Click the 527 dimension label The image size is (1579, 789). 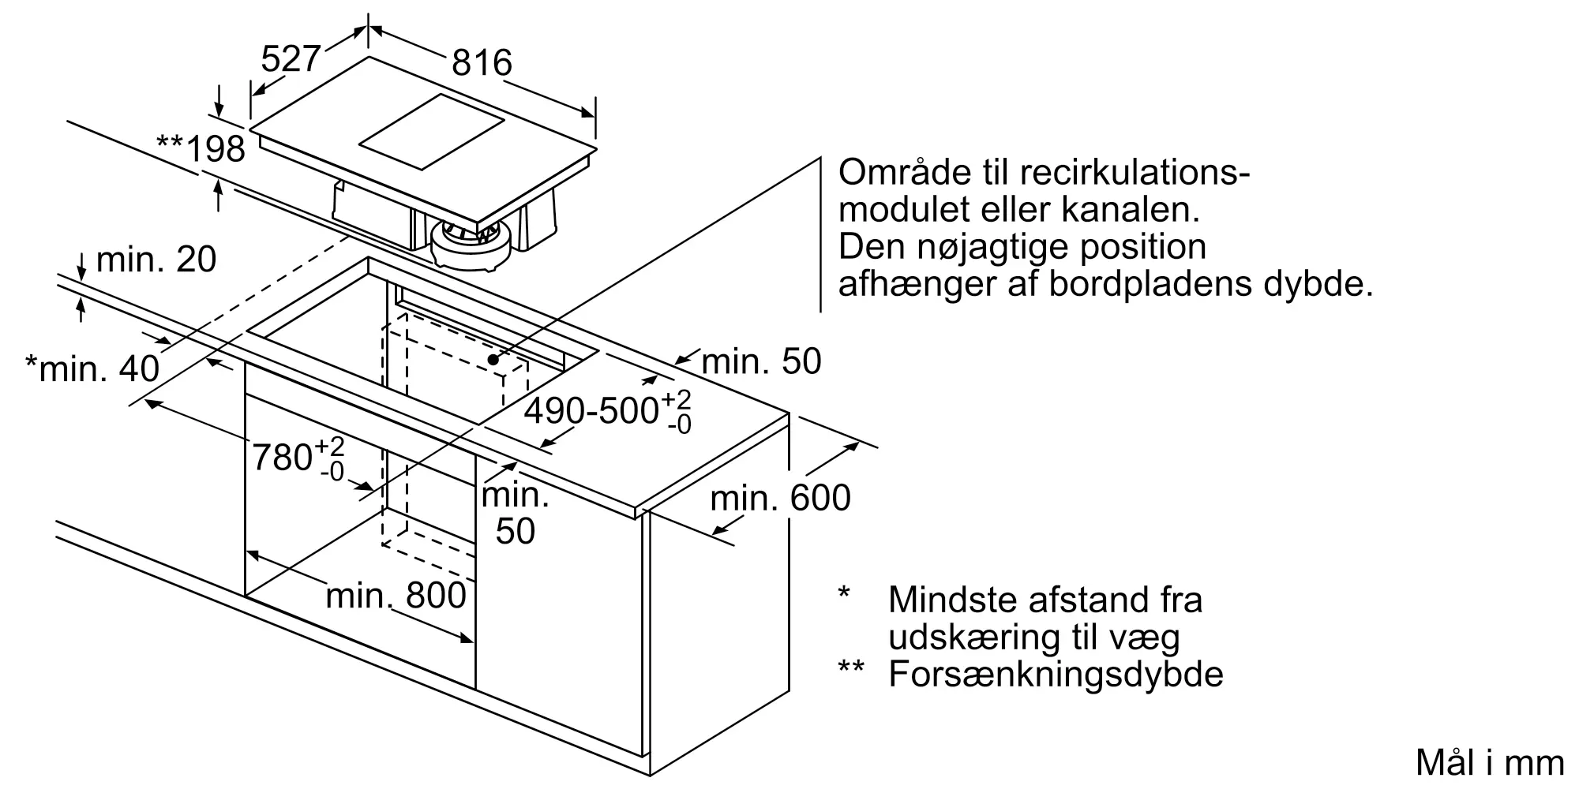(x=291, y=58)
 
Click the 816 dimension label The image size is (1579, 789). (x=482, y=62)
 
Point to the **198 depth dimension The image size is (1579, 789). (x=201, y=148)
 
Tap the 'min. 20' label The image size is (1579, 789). (x=156, y=260)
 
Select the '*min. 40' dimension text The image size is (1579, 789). (x=92, y=368)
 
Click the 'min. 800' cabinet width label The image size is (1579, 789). (x=396, y=596)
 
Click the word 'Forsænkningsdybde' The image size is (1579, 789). (x=1056, y=675)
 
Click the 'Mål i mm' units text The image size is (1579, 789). (x=1490, y=763)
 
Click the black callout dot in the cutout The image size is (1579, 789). (x=494, y=359)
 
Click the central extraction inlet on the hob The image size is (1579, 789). (x=432, y=132)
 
